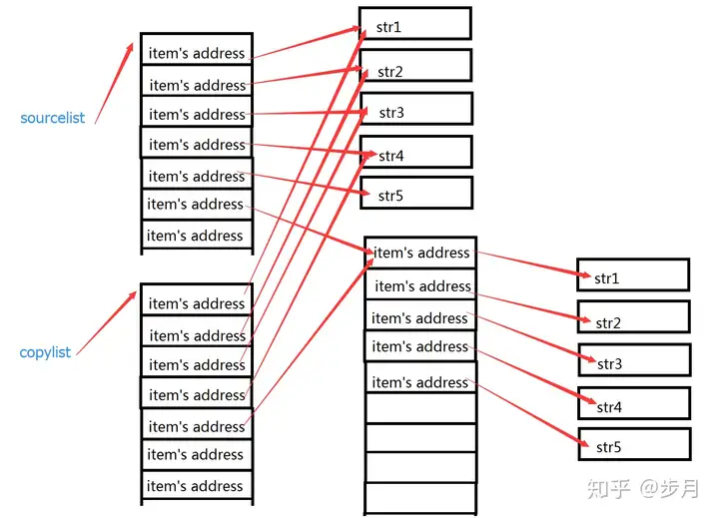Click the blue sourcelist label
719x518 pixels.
pyautogui.click(x=52, y=118)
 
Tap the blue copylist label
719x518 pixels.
pyautogui.click(x=45, y=352)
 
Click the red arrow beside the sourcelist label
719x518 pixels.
pyautogui.click(x=114, y=83)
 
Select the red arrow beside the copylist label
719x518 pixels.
pyautogui.click(x=107, y=322)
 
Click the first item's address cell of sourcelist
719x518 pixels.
pyautogui.click(x=197, y=49)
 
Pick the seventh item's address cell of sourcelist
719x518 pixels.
pyautogui.click(x=197, y=235)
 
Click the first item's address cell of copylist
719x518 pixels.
pyautogui.click(x=197, y=298)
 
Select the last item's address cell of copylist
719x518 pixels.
pyautogui.click(x=197, y=485)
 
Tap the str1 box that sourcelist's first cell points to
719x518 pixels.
pyautogui.click(x=415, y=23)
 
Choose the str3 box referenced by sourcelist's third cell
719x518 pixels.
pyautogui.click(x=416, y=109)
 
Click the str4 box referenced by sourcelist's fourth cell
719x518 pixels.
pyautogui.click(x=415, y=152)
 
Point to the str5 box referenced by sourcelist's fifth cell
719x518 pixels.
pyautogui.click(x=416, y=193)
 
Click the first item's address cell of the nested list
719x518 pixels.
pyautogui.click(x=420, y=253)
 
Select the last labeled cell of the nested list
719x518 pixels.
pyautogui.click(x=421, y=377)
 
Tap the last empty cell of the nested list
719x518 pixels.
pyautogui.click(x=420, y=498)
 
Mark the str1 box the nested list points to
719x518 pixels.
pyautogui.click(x=633, y=274)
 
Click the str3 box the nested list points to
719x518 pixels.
pyautogui.click(x=635, y=360)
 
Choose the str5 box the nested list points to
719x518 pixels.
pyautogui.click(x=635, y=444)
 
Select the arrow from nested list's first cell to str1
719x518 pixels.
pyautogui.click(x=533, y=264)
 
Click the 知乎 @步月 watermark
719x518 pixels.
pyautogui.click(x=643, y=488)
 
